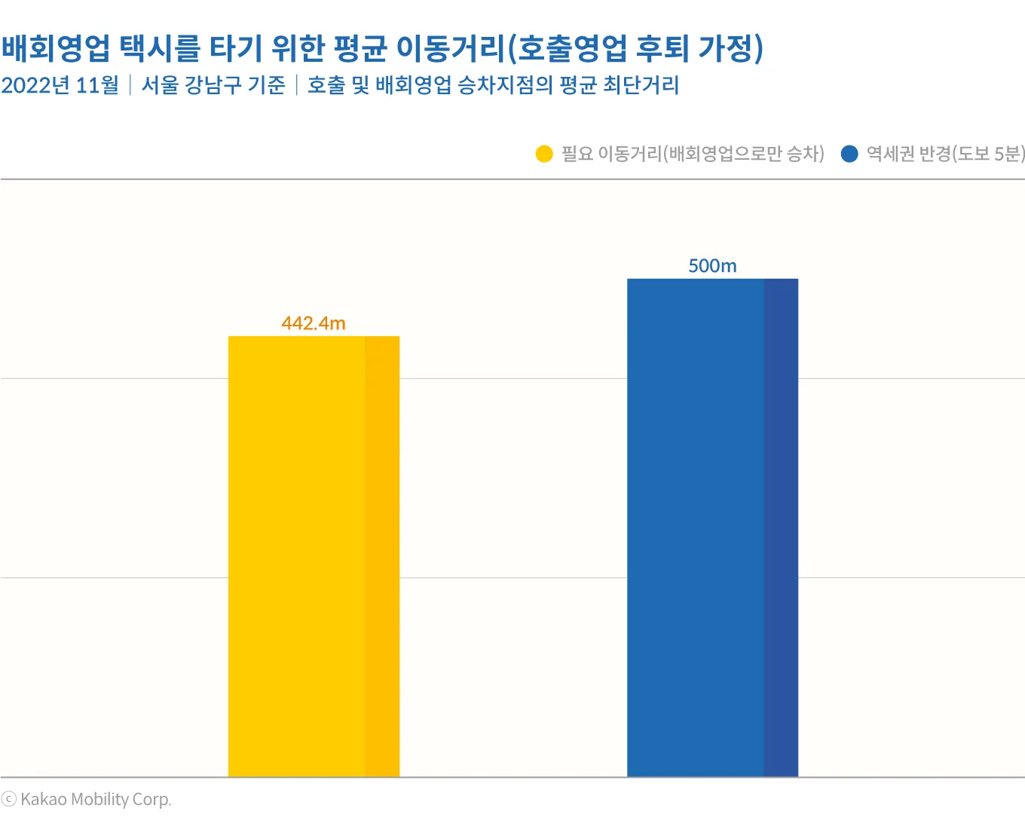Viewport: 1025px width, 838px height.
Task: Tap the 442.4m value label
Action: pos(314,323)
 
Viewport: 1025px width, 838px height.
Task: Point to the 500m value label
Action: pos(712,265)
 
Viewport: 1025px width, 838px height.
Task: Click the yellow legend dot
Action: pos(544,154)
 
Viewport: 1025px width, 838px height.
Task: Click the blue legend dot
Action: pos(849,154)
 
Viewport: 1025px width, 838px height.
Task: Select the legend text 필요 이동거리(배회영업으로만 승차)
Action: pos(693,154)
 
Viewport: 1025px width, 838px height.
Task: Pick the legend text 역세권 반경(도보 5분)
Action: pos(945,154)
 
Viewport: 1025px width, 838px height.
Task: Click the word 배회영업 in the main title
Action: pos(56,48)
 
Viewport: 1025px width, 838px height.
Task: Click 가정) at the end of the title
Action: pos(730,48)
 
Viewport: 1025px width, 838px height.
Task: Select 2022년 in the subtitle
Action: pos(35,85)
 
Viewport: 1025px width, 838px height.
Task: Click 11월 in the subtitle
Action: pos(98,85)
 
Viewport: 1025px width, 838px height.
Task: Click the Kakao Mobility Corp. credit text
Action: pos(96,800)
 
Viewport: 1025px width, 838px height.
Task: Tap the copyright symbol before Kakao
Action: pos(9,800)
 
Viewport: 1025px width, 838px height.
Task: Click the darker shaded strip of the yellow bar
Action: pos(382,556)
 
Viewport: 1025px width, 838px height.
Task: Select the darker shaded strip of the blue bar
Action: pos(781,528)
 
